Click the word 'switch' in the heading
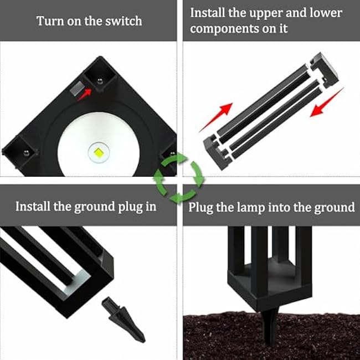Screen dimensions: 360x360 point(124,22)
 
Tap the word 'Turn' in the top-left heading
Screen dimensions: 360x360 point(49,22)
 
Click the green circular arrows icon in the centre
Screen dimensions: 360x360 point(179,178)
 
